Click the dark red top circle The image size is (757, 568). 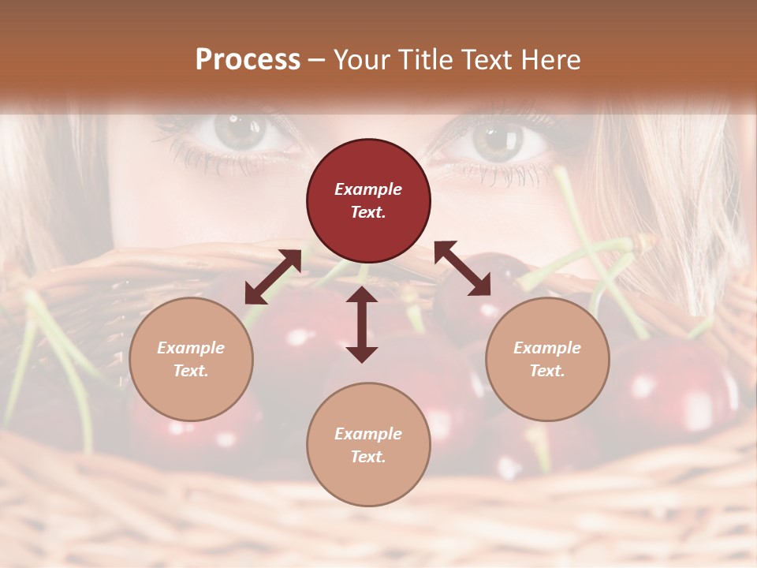[x=368, y=201]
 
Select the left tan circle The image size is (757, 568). [x=191, y=359]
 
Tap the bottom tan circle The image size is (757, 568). [x=368, y=445]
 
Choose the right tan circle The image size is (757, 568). [x=547, y=359]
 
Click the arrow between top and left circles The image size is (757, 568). [x=273, y=277]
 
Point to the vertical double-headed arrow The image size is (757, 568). [x=362, y=324]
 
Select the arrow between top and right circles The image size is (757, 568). [x=462, y=268]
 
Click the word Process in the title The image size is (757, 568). [x=248, y=59]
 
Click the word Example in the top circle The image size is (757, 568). [x=368, y=189]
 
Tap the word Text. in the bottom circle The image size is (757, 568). [x=368, y=457]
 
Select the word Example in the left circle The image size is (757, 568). [x=191, y=348]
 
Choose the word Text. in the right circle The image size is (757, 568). [x=547, y=371]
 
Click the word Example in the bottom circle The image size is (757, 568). [x=368, y=434]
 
